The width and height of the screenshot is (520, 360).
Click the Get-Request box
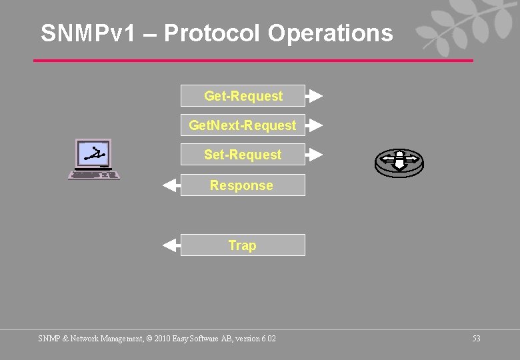(x=243, y=96)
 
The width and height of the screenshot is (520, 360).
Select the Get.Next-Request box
(x=243, y=125)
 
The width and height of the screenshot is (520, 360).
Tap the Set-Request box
(x=243, y=155)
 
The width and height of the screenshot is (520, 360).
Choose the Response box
(x=243, y=185)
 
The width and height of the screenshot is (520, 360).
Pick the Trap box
(x=243, y=245)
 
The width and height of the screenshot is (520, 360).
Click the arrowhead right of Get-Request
(x=315, y=96)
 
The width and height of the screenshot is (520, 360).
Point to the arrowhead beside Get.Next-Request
(x=315, y=125)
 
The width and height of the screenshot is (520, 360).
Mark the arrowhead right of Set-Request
(x=315, y=155)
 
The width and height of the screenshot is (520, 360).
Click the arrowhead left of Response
(x=171, y=185)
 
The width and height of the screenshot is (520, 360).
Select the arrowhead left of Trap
(x=171, y=245)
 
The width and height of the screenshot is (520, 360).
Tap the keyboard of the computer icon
(x=94, y=175)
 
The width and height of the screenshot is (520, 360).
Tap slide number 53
(x=476, y=339)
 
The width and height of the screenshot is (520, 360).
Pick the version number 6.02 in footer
(x=268, y=339)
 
